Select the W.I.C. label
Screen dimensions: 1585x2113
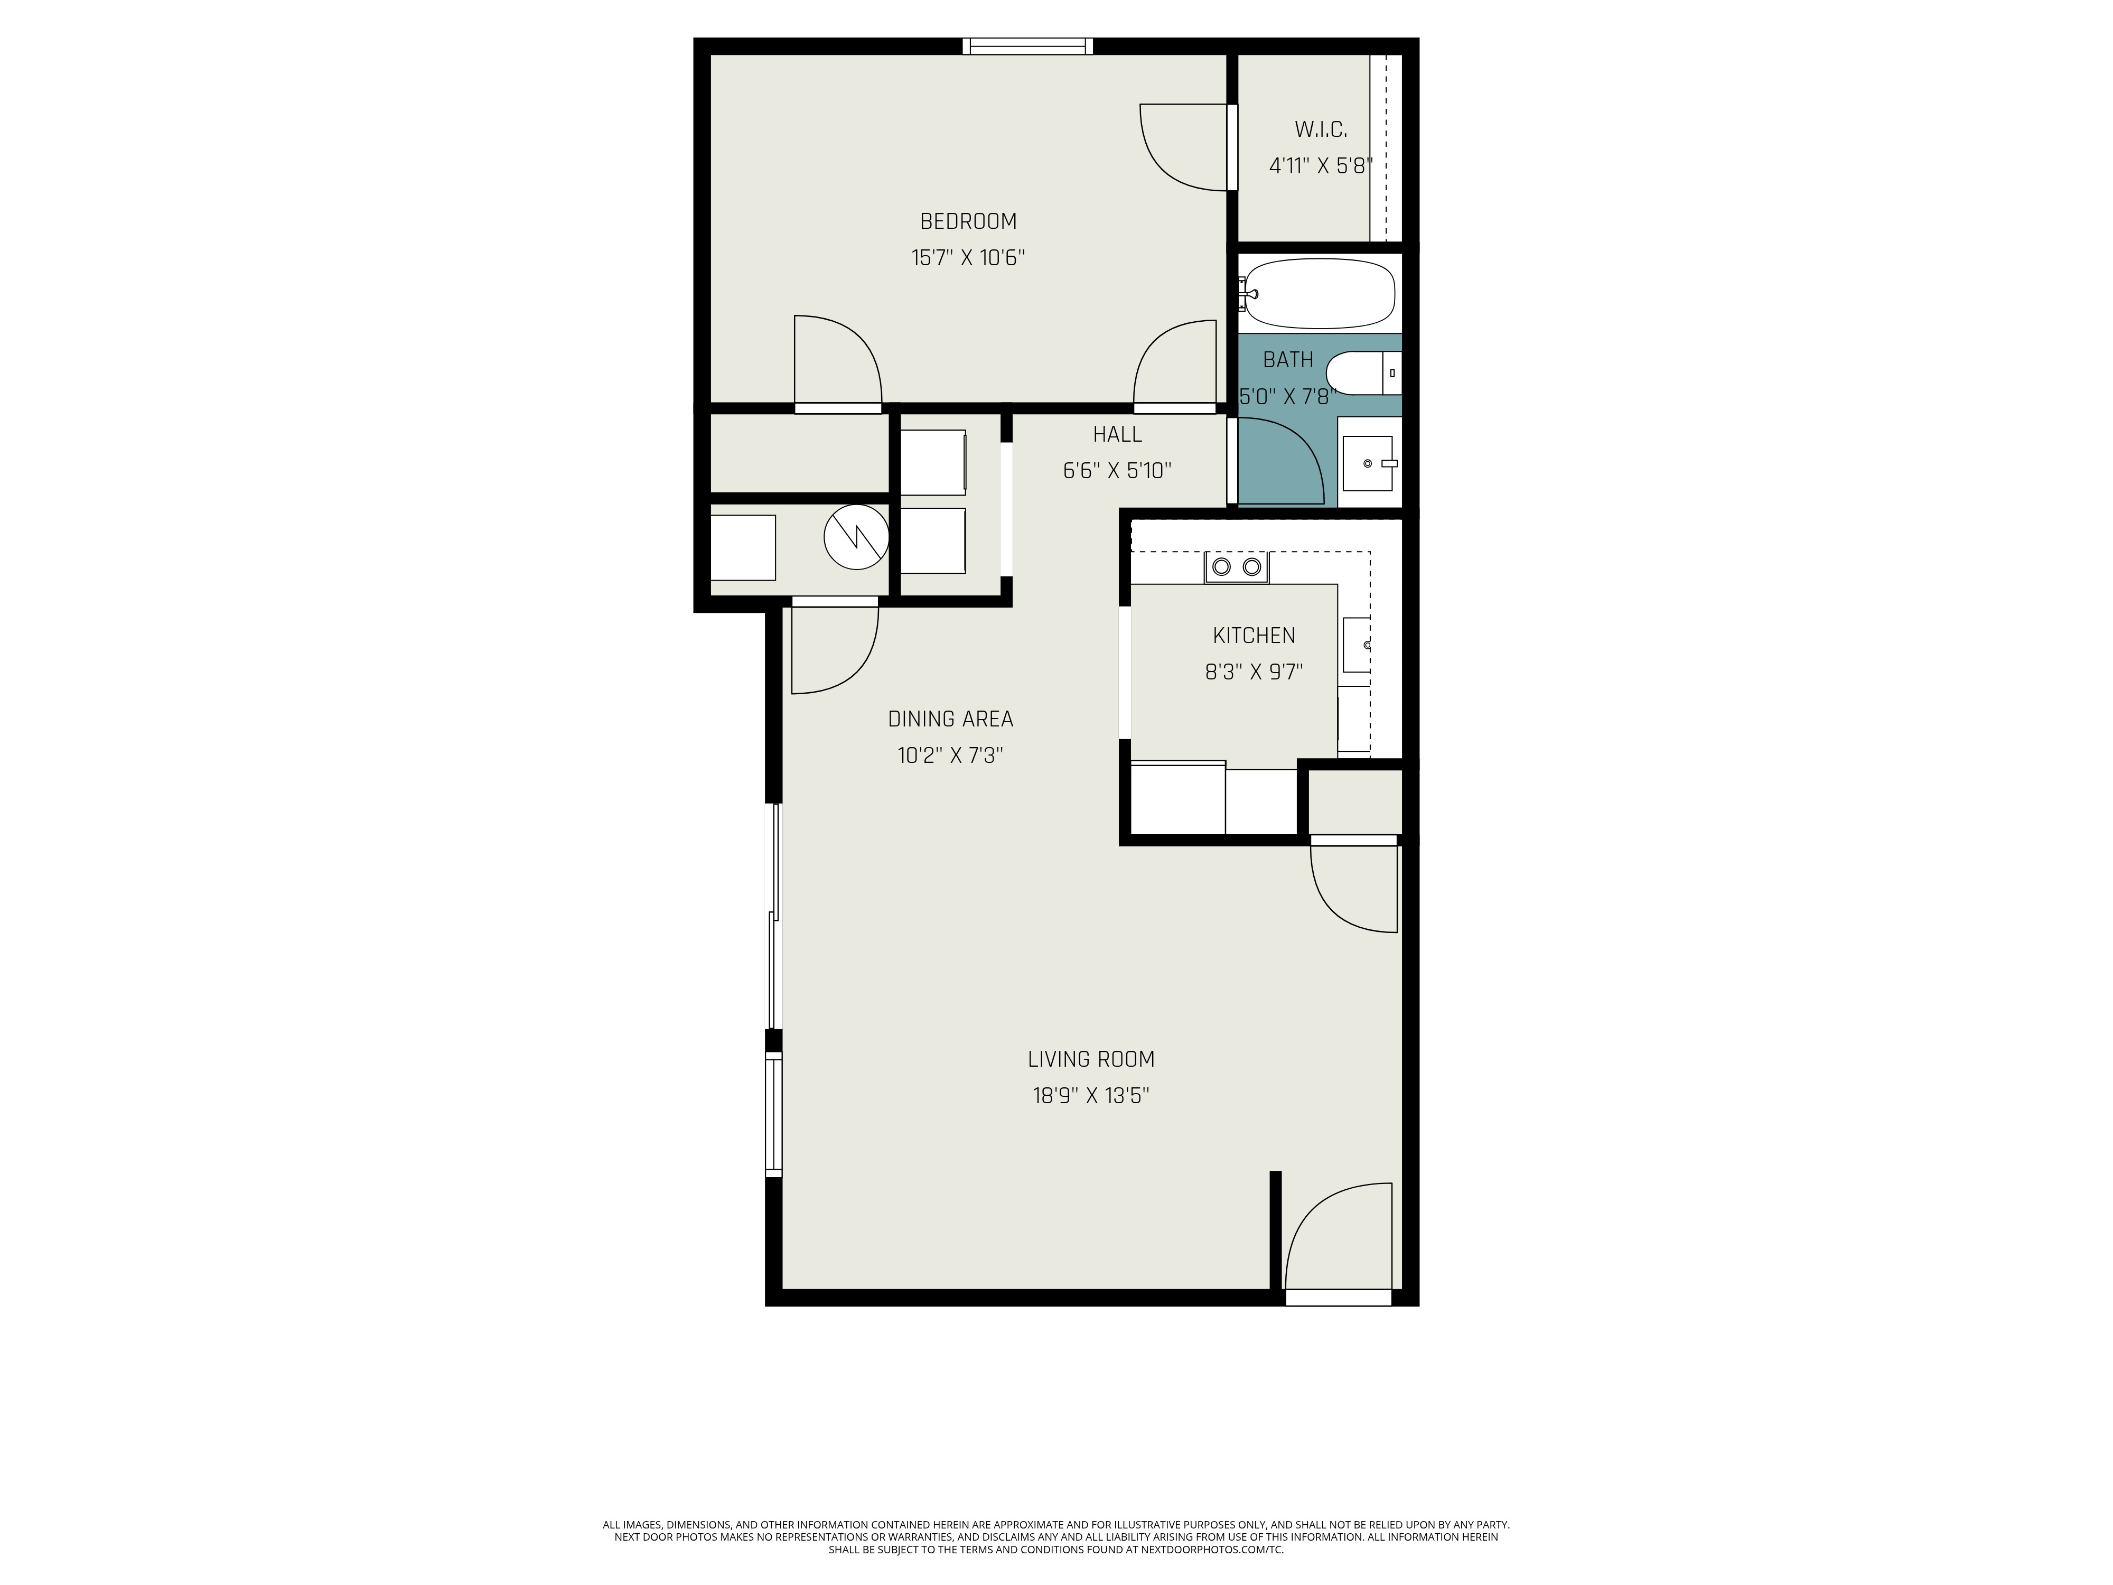coord(1320,129)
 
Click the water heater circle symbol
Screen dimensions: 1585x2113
coord(856,537)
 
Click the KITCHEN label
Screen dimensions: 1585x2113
coord(1254,636)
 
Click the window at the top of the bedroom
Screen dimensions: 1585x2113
coord(1027,46)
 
